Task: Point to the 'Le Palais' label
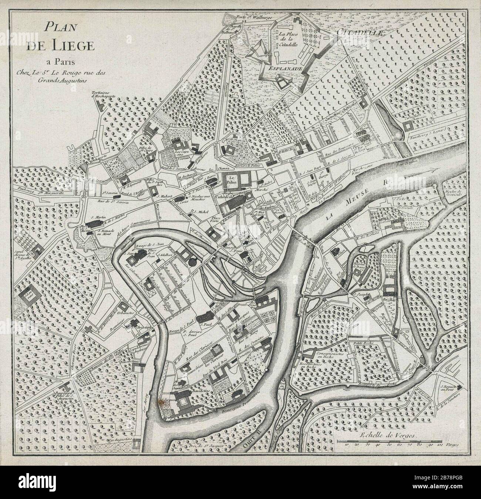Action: coord(232,180)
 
